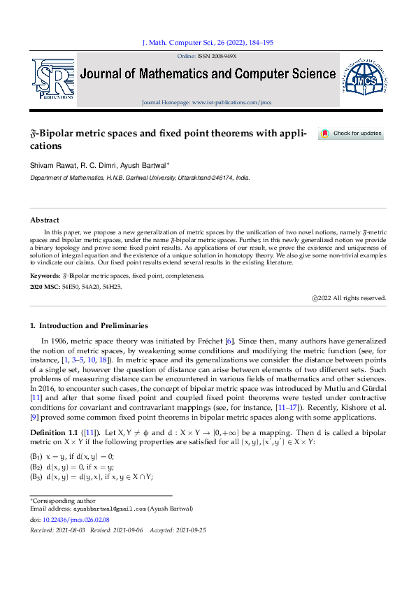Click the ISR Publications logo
[52, 80]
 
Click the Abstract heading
[44, 220]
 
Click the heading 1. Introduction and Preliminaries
[88, 326]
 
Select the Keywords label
[45, 276]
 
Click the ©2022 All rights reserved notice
[349, 298]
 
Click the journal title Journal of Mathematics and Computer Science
[208, 74]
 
